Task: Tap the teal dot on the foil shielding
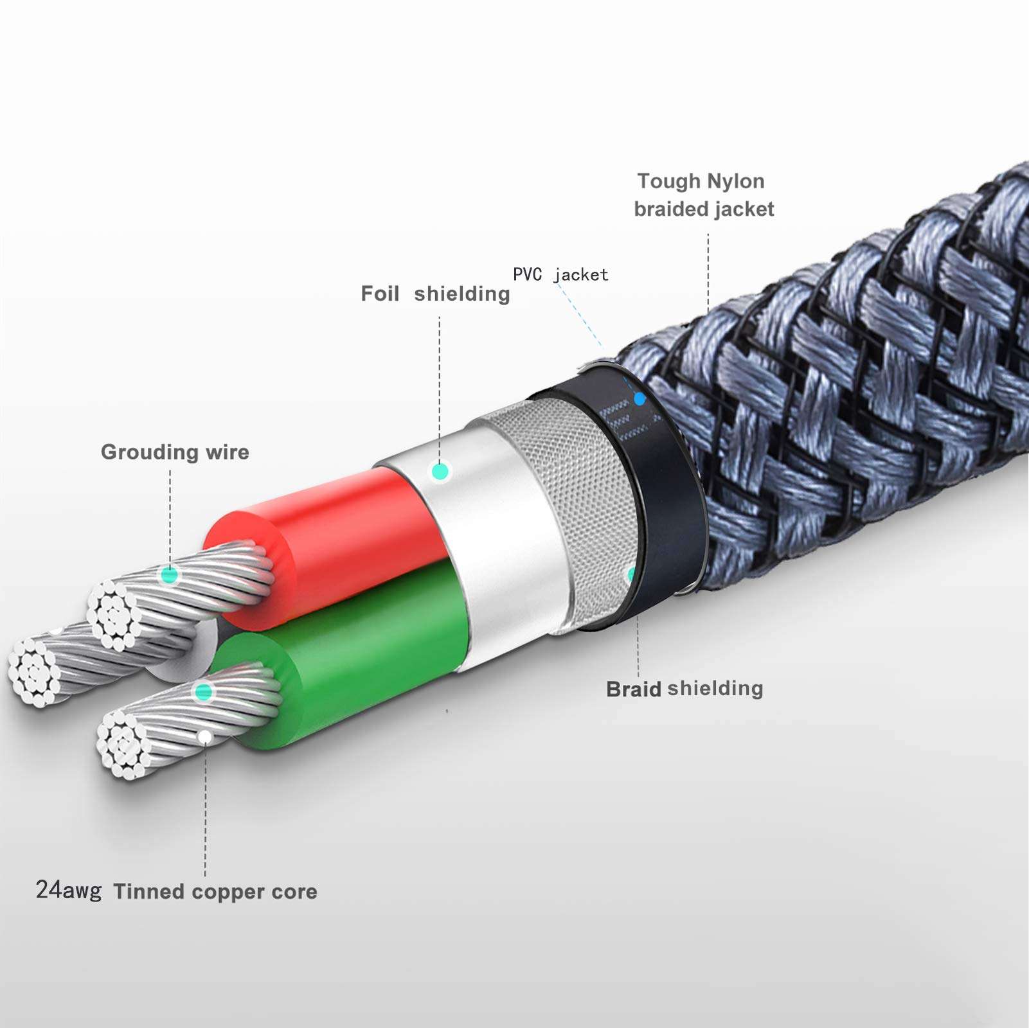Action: [440, 472]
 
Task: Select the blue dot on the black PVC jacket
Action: [639, 399]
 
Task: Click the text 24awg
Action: [68, 891]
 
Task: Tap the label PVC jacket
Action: [560, 275]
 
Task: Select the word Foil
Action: [380, 294]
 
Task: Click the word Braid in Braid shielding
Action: [633, 689]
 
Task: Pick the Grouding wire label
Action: [175, 452]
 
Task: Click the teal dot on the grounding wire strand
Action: [170, 574]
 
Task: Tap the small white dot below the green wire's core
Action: [204, 736]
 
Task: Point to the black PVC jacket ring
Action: [662, 501]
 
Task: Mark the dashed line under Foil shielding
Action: [440, 385]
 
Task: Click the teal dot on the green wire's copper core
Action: [204, 692]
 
